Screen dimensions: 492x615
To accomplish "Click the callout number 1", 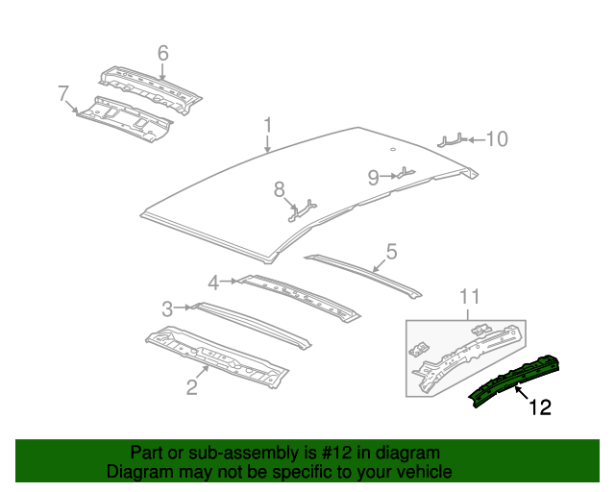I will [x=269, y=125].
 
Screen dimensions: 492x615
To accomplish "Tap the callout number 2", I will [x=191, y=387].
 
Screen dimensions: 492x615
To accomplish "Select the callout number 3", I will [x=166, y=308].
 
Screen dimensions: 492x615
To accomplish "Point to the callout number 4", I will [x=213, y=283].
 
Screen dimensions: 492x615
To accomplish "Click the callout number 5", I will [x=391, y=252].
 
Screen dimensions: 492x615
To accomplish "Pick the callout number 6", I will [x=162, y=52].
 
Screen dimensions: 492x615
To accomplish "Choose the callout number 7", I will [x=63, y=93].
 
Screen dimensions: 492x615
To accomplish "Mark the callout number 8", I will [x=280, y=187].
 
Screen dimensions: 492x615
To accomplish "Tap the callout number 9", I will [x=373, y=176].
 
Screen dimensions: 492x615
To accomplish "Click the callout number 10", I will [x=496, y=140].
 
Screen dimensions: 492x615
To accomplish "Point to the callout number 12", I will [x=540, y=407].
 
